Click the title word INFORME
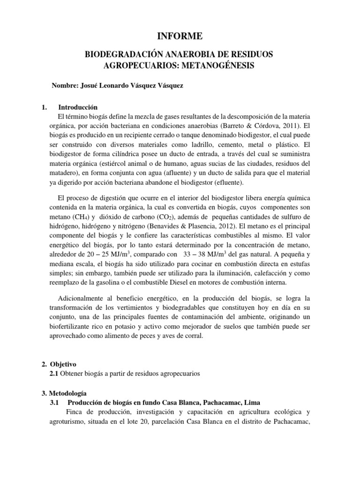coord(180,35)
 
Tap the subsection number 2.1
coord(54,374)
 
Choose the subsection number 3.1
coord(55,403)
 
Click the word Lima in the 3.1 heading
coord(251,403)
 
